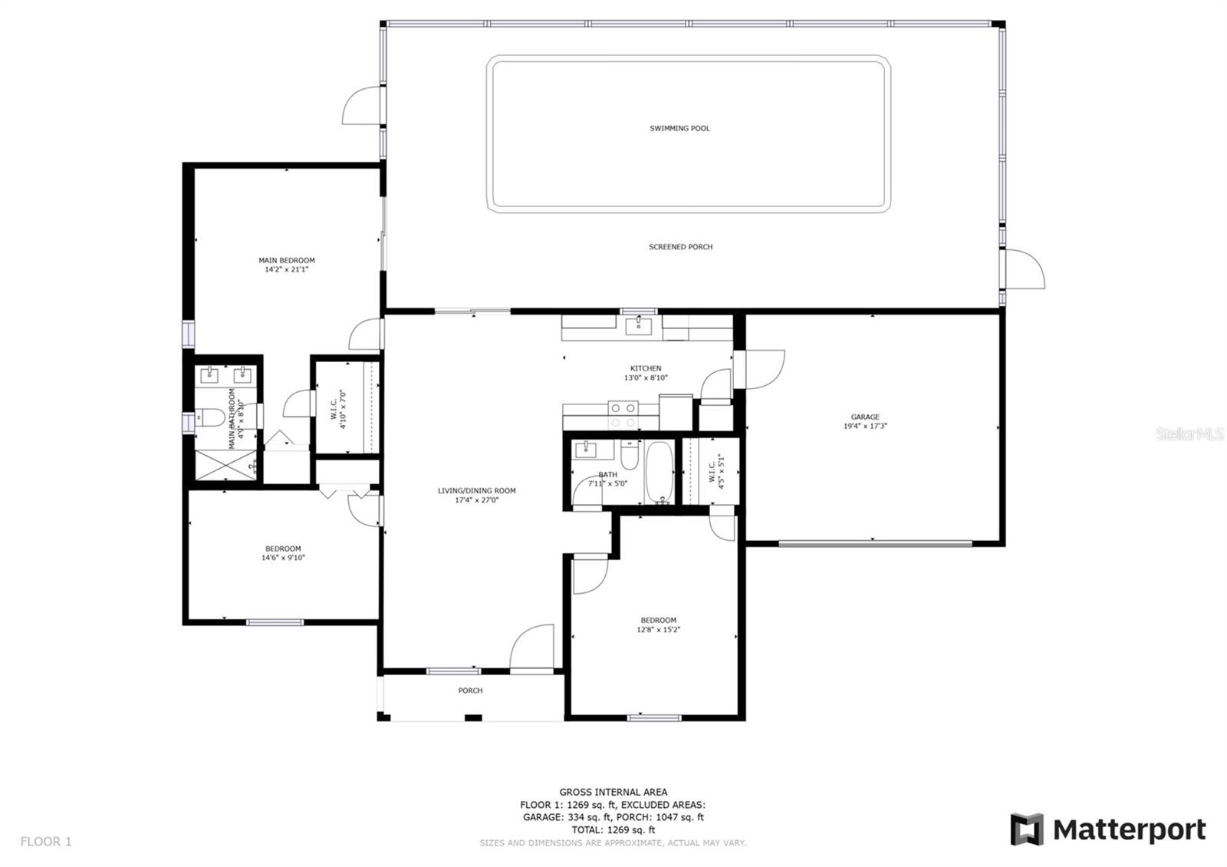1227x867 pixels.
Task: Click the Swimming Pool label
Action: tap(679, 128)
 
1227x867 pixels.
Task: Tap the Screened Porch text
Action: tap(680, 247)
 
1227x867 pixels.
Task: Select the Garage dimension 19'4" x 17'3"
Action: tap(865, 426)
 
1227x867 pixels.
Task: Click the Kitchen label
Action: tap(646, 368)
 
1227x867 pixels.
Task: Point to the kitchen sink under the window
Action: tap(638, 327)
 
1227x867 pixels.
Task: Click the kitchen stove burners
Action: tap(623, 415)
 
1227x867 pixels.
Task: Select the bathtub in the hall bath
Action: tap(660, 471)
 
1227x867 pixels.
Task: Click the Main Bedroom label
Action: tap(286, 261)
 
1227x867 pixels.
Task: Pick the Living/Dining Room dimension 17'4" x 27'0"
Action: tap(476, 500)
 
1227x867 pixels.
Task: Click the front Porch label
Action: tap(470, 691)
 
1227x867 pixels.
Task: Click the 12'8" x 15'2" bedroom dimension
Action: tap(658, 630)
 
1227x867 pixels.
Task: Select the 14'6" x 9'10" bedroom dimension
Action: tap(283, 558)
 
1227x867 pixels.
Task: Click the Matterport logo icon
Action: tap(1026, 829)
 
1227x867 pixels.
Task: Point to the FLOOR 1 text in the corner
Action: tap(46, 842)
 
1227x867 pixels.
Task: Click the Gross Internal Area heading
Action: tap(613, 792)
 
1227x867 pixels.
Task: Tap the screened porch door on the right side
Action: tap(1025, 269)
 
